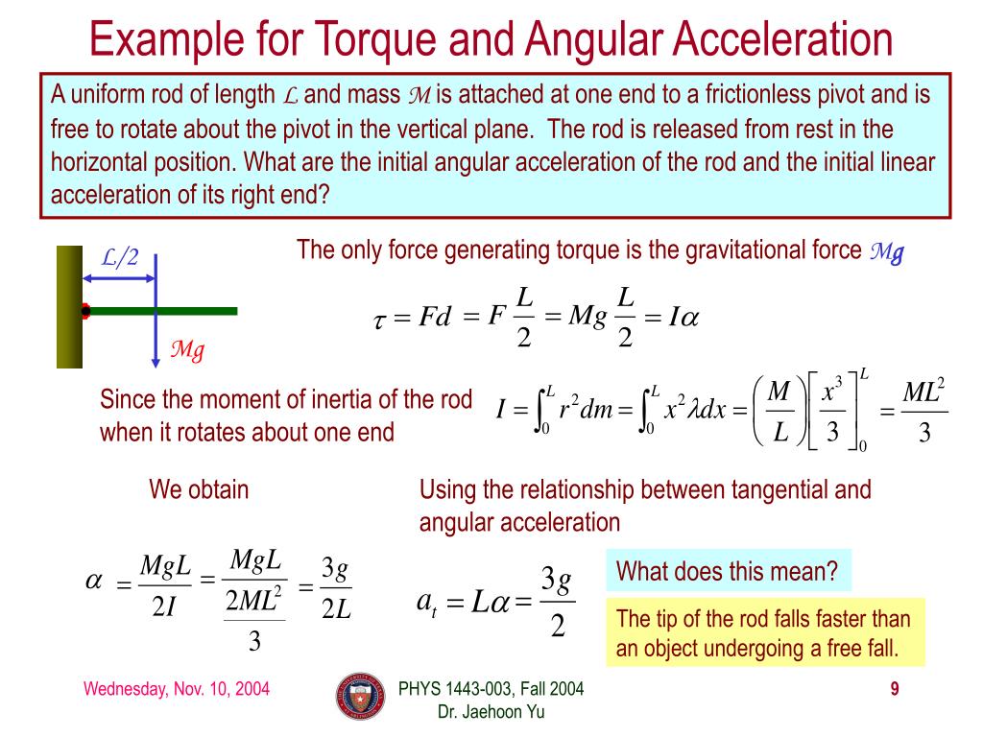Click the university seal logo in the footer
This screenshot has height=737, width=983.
coord(359,697)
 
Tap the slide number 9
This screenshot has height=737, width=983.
coord(894,689)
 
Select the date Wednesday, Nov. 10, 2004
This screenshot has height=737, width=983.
coord(176,689)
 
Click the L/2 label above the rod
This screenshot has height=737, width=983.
coord(121,257)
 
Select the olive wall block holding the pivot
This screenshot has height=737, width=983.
coord(69,307)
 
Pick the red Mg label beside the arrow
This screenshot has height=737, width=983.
coord(187,350)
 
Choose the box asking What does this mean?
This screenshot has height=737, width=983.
coord(728,572)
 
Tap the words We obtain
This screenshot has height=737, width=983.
coord(199,489)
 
